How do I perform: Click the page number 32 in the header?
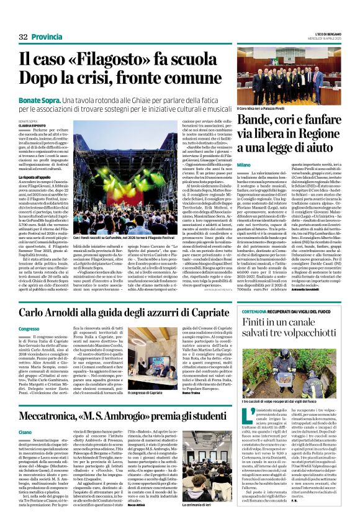point(24,37)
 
